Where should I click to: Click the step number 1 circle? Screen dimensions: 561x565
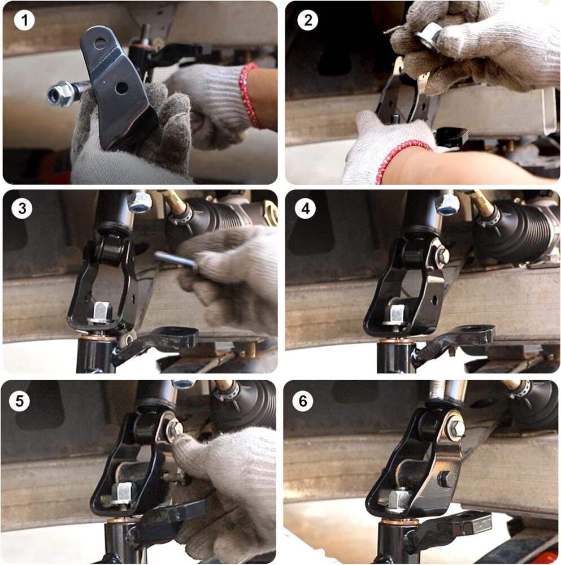tap(24, 20)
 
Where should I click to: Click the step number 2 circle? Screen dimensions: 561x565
tap(307, 20)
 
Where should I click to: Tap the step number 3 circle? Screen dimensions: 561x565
tap(21, 208)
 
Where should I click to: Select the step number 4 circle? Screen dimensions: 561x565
tap(305, 208)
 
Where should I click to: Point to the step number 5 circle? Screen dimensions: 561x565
tap(19, 401)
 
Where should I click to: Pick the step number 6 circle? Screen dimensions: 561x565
tap(303, 401)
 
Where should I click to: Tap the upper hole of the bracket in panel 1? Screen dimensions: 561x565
tap(99, 44)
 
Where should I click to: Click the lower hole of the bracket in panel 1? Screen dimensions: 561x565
tap(121, 88)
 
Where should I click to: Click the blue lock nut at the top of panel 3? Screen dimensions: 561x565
tap(140, 202)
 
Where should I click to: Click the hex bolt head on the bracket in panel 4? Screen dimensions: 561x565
tap(442, 256)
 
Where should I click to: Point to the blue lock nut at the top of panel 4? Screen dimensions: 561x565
tap(446, 205)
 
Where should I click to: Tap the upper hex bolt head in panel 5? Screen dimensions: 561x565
tap(175, 428)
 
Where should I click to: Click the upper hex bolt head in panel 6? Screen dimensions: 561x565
tap(456, 427)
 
